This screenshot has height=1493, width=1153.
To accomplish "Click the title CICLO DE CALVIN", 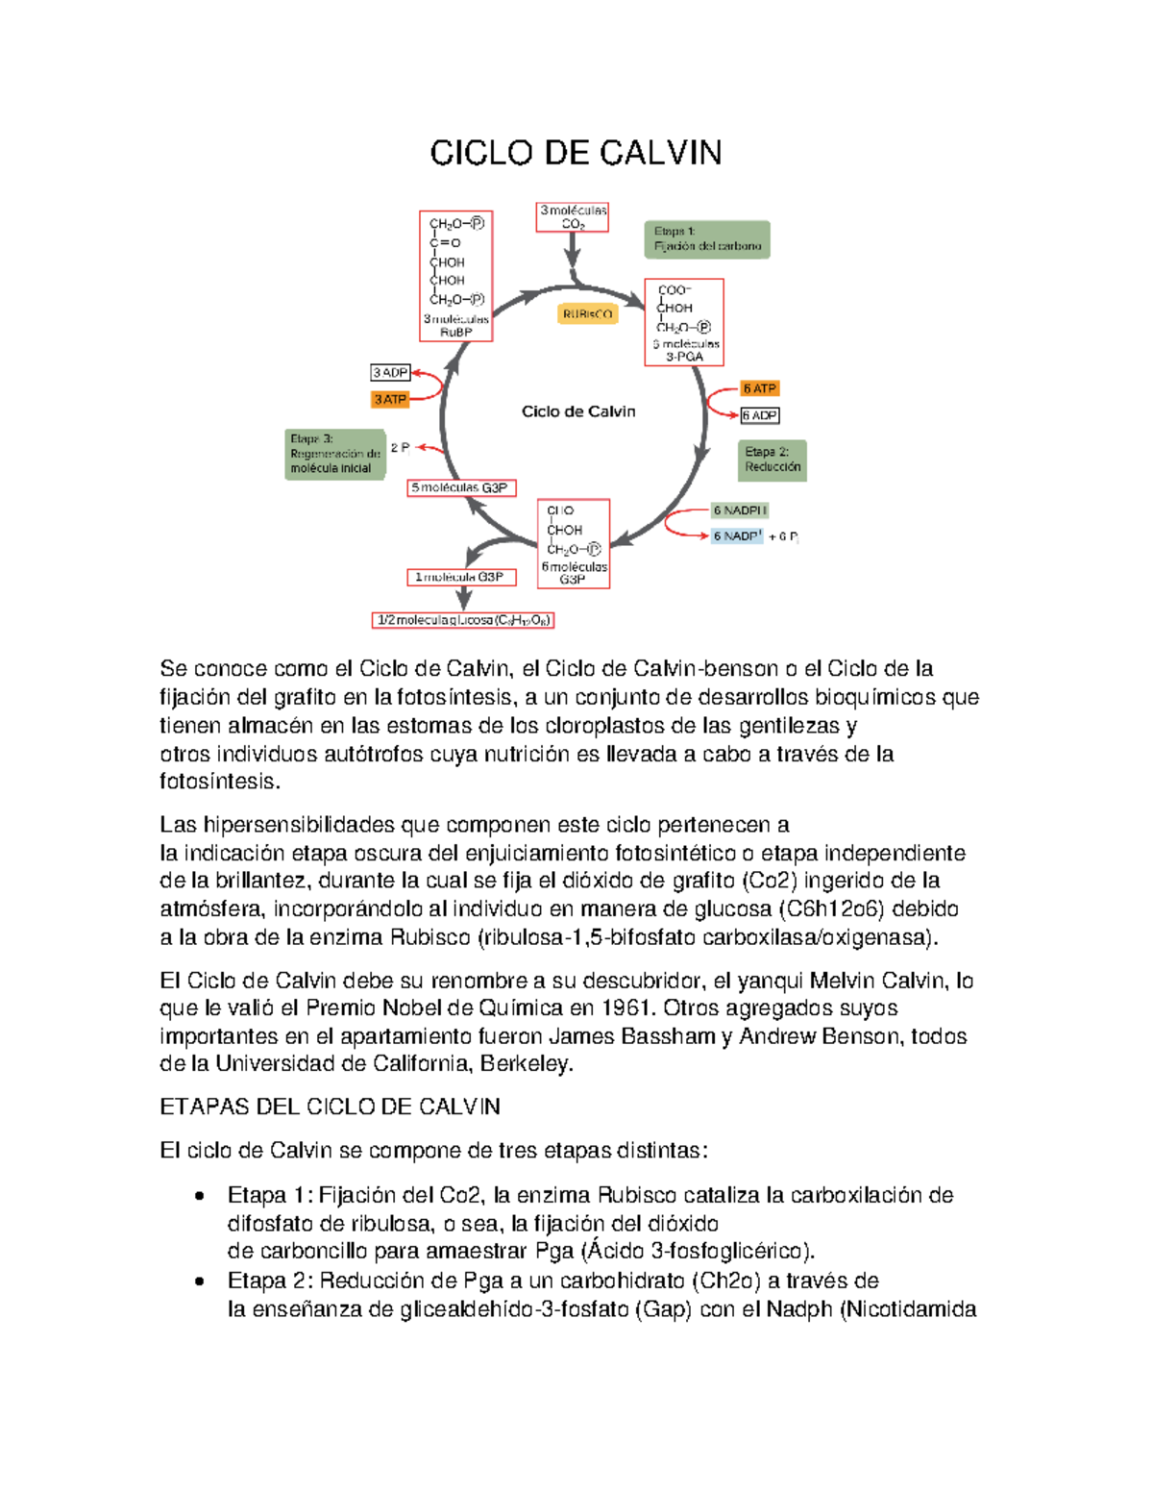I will (x=576, y=153).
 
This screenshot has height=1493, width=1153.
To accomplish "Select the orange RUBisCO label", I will (x=587, y=314).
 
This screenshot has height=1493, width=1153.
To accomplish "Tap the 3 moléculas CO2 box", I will (x=573, y=217).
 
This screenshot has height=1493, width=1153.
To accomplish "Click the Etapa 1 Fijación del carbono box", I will (x=707, y=239).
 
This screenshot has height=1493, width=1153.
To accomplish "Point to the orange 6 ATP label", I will (x=759, y=388).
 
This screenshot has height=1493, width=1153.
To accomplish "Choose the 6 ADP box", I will (x=759, y=415).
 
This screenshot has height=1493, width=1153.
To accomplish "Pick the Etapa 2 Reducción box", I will (x=773, y=460).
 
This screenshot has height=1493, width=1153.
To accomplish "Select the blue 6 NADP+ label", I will (x=737, y=536).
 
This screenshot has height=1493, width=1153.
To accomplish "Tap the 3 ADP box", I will (x=391, y=372).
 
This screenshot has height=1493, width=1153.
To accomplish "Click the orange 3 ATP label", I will (x=391, y=399).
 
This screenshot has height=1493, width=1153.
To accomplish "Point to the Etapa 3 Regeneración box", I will (x=335, y=454).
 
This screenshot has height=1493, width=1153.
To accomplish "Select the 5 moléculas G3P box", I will (x=462, y=488).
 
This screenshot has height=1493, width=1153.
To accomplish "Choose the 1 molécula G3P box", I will (x=461, y=577).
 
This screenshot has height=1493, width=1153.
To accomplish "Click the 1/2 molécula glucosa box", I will (x=463, y=620).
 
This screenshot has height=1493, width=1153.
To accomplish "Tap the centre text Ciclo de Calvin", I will (x=578, y=411).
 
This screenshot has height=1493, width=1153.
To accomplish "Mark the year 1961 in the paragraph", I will (x=628, y=1008).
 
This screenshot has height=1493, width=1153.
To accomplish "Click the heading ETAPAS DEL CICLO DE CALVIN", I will (x=330, y=1107).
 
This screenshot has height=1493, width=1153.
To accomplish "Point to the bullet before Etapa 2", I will (x=199, y=1281).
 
